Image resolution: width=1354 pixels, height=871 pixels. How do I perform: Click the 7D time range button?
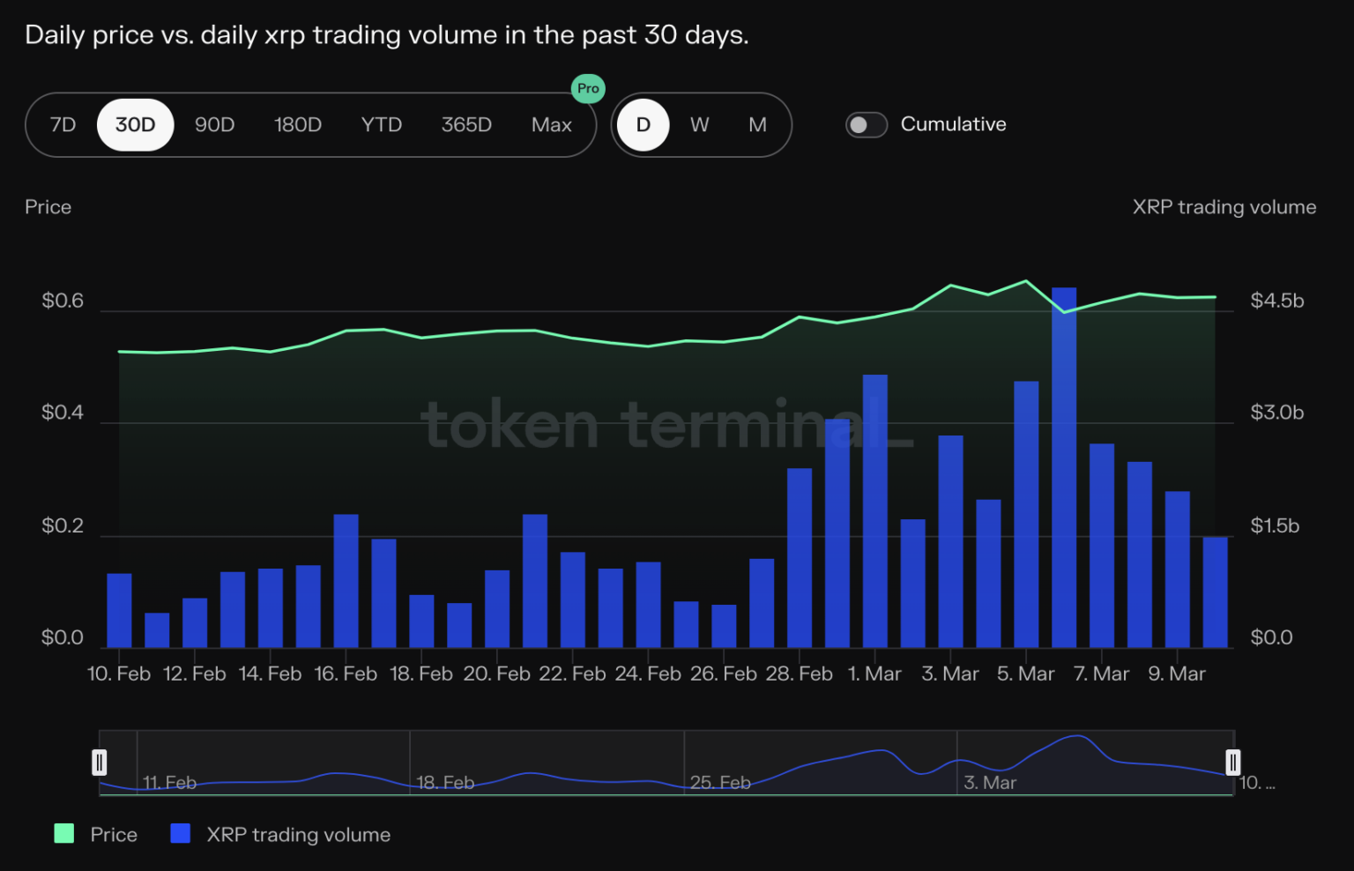coord(63,125)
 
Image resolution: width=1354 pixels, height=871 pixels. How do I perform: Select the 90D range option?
coord(214,125)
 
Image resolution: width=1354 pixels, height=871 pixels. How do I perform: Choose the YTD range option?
coord(381,125)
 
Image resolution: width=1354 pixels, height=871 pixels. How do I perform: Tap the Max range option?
coord(551,125)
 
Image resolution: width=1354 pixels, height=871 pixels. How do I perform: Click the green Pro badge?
coord(588,88)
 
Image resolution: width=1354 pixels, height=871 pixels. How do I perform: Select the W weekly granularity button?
coord(699,125)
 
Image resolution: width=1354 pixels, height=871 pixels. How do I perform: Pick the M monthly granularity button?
coord(757,125)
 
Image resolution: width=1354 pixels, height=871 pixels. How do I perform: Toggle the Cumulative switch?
coord(866,125)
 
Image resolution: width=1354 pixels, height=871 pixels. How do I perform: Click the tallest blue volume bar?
coord(1064,467)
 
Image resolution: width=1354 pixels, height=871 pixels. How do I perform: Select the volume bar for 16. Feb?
coord(346,582)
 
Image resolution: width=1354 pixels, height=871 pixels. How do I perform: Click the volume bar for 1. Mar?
coord(874,511)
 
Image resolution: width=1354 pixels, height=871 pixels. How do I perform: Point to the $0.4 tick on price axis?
coord(62,413)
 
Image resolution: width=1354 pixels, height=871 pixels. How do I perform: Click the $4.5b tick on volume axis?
coord(1276,301)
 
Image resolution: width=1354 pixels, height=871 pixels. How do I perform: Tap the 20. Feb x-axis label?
coord(496,674)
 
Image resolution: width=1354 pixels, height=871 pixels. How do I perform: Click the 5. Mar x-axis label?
coord(1025,674)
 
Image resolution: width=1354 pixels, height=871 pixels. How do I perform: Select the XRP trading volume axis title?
coord(1224,207)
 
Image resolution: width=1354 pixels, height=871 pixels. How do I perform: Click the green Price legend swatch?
coord(64,834)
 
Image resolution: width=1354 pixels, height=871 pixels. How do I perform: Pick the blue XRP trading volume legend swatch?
coord(181,834)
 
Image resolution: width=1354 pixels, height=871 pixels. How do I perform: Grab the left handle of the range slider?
coord(100,763)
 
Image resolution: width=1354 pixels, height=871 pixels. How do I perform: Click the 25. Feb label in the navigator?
coord(720,783)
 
